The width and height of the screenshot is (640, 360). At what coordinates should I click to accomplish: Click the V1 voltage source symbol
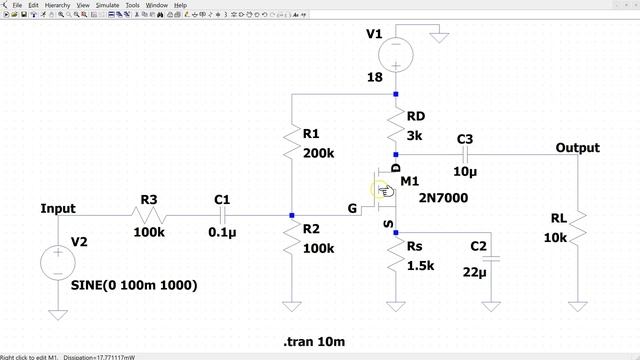point(396,52)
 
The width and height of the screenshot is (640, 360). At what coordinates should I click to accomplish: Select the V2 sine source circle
point(57,264)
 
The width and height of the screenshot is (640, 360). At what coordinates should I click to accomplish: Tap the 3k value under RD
point(415,136)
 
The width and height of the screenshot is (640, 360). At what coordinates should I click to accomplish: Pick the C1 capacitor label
point(222,200)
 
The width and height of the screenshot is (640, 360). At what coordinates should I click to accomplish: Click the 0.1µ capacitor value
point(222,233)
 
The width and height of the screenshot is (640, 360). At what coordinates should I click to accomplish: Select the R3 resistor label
point(148,200)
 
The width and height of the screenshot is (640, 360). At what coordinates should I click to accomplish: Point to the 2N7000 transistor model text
point(443,198)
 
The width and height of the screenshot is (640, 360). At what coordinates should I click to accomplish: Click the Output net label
point(577,148)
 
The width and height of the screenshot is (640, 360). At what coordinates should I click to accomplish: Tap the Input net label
point(57,209)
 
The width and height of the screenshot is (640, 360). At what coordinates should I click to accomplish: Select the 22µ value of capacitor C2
point(475,271)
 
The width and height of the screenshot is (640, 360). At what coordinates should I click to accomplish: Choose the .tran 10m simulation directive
point(314,342)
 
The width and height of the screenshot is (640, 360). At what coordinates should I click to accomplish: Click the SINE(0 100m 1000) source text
point(134,285)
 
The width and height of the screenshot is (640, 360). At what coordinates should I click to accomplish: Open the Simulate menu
point(107,5)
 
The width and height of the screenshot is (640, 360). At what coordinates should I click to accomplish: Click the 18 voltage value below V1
point(375,76)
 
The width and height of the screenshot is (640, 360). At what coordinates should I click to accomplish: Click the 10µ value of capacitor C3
point(465,171)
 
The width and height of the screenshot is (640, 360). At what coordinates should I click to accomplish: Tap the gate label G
point(352,209)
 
